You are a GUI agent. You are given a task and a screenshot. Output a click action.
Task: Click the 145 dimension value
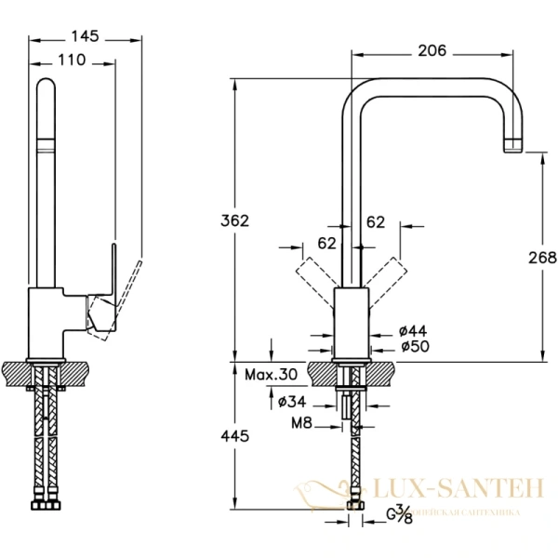[86, 36]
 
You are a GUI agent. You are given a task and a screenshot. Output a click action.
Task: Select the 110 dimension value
[72, 60]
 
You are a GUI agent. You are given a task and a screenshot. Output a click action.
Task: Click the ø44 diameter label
[412, 330]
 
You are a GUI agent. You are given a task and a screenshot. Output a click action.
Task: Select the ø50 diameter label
[412, 347]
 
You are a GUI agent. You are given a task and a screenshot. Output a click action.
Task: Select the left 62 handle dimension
[326, 245]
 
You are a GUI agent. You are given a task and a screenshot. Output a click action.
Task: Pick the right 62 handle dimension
[376, 222]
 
